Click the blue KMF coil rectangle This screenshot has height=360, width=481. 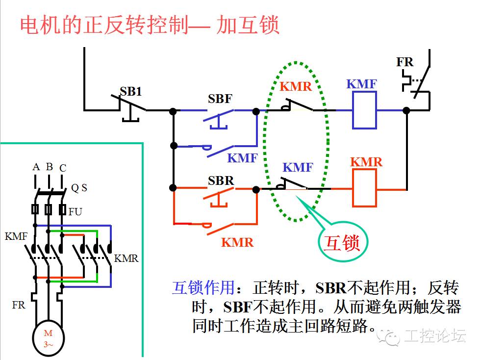pos(364,110)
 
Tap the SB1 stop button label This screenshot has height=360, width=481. pos(131,92)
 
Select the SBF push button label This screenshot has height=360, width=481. pos(220,99)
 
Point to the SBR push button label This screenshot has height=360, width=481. pos(221,180)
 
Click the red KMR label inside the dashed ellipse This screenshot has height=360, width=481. pos(296,87)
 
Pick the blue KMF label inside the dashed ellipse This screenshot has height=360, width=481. pos(298,167)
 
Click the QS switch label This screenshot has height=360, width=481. pos(79,188)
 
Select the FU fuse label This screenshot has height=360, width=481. pos(75,212)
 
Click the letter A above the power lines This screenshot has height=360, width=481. pos(36,167)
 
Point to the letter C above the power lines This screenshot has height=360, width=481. pos(62,168)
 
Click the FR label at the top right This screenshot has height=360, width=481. pos(405,62)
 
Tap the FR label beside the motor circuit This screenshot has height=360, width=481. pos(19,305)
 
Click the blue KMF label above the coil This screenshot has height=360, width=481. pos(361,84)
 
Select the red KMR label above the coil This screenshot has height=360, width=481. pos(366,162)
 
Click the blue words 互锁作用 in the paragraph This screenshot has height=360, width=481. pos(202,288)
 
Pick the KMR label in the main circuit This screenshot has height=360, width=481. pos(127,258)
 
